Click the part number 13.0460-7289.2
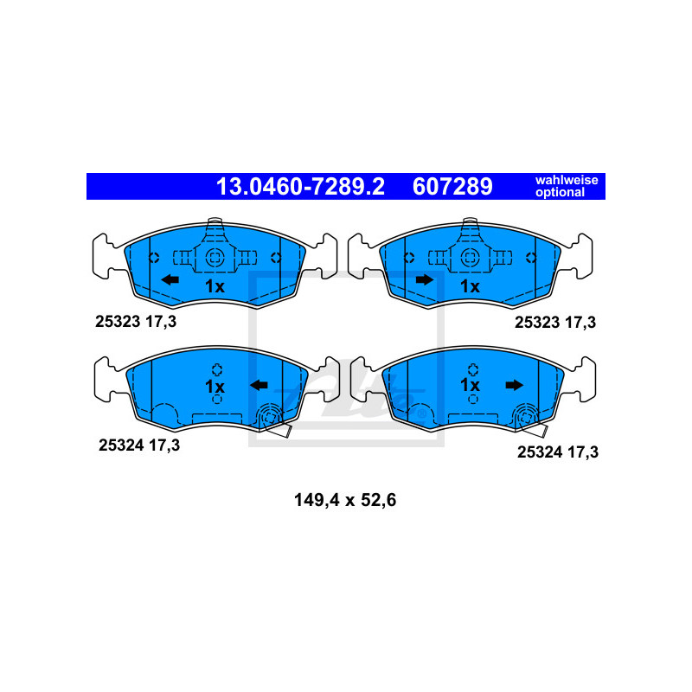point(300,187)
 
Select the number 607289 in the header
point(452,187)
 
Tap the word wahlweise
point(567,180)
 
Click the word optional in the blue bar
point(560,192)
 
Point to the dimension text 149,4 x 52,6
point(345,500)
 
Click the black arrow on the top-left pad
point(170,279)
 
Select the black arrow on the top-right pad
point(425,279)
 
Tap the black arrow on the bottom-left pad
point(259,385)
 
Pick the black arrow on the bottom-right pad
point(514,385)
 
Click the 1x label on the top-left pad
point(215,286)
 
